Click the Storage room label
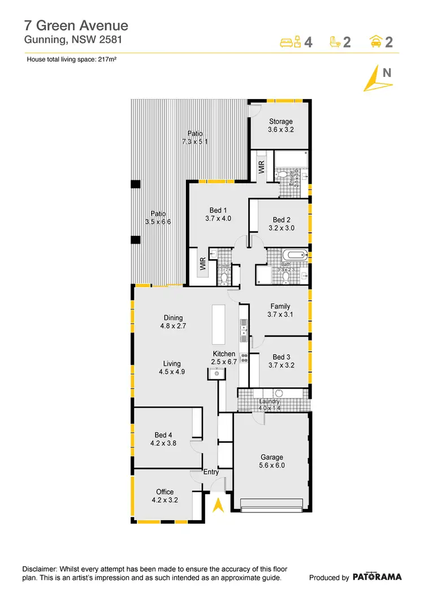(x=280, y=126)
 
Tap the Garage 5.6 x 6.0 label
(x=271, y=461)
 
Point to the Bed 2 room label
(x=282, y=224)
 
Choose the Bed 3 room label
(x=281, y=361)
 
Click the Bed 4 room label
(x=163, y=439)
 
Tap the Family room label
(x=280, y=310)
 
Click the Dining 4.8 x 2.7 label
(x=173, y=322)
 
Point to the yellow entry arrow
(x=217, y=504)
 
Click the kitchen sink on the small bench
(x=217, y=374)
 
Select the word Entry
(x=211, y=472)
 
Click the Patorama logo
(x=377, y=577)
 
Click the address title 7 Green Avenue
(x=76, y=25)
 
